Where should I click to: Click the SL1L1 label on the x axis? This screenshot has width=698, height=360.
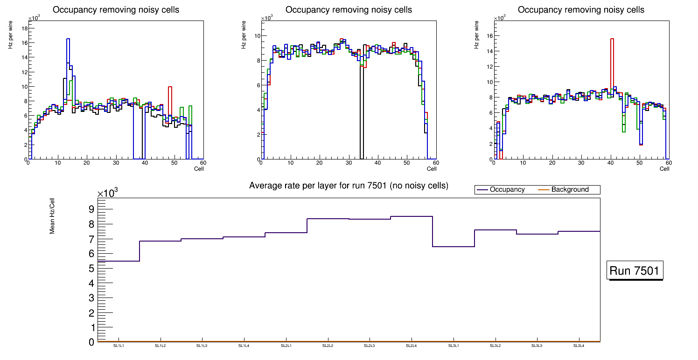click(119, 346)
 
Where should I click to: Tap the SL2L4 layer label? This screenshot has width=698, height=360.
click(412, 346)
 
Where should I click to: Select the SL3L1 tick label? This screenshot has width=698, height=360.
click(454, 346)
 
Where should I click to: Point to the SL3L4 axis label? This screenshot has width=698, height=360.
click(579, 346)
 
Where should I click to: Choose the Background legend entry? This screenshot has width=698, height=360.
click(570, 189)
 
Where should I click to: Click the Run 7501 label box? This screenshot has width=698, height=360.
click(635, 271)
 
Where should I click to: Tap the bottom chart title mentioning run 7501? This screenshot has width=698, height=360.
click(349, 186)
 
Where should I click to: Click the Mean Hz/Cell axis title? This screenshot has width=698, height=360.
click(53, 215)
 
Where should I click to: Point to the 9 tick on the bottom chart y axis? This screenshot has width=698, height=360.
click(92, 209)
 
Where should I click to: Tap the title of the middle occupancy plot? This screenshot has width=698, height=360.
click(349, 10)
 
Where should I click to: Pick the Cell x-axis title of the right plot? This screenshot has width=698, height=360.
click(664, 169)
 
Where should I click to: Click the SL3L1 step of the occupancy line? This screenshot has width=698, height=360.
click(454, 246)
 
